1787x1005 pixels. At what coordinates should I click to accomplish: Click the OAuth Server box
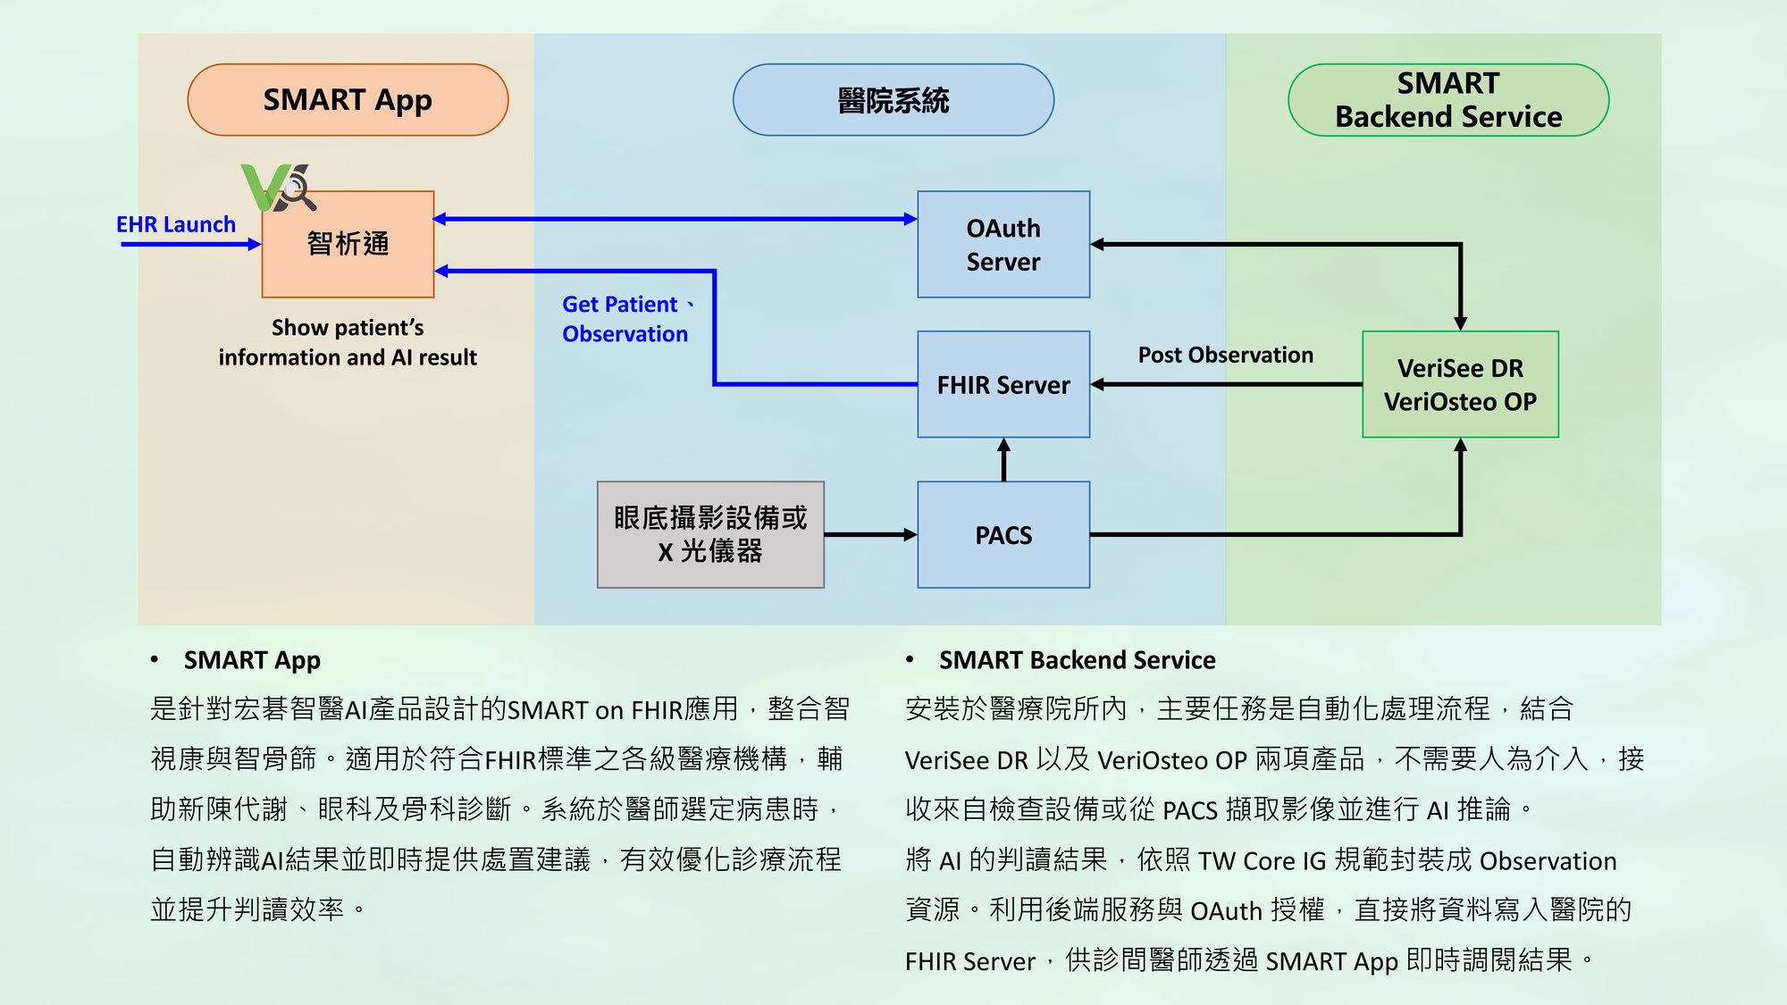coord(1003,244)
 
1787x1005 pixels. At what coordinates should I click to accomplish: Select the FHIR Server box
coord(1003,384)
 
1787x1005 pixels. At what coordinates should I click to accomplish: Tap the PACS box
coord(1003,535)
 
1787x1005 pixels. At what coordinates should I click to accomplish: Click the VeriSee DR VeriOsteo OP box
coord(1460,384)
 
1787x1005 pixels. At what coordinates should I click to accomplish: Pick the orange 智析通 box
coord(348,244)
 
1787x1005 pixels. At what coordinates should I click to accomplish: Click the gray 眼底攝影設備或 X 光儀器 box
coord(710,535)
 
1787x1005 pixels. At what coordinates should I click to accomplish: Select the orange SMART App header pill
coord(348,99)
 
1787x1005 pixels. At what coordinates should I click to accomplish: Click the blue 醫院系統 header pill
coord(893,99)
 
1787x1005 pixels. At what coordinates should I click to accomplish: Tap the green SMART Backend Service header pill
coord(1448,99)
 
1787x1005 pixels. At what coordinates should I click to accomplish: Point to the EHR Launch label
coord(176,224)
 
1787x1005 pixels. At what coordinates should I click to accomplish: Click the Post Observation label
coord(1226,355)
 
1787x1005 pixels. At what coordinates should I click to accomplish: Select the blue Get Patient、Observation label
coord(629,319)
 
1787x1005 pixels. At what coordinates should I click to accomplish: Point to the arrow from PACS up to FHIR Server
coord(1003,460)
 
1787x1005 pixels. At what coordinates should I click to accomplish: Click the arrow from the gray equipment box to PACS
coord(871,535)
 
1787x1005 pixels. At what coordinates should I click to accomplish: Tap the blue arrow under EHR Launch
coord(191,244)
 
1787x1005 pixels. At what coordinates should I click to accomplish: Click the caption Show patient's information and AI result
coord(348,342)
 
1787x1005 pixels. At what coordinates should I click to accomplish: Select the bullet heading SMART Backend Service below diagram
coord(1077,660)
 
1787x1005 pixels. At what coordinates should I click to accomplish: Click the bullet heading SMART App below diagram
coord(252,660)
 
